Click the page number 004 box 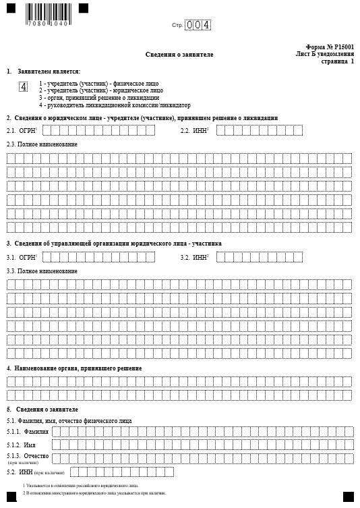pos(198,25)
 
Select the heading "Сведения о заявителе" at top pos(179,54)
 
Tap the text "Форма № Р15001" pos(330,47)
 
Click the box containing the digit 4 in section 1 pos(24,87)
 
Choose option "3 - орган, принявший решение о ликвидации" pos(99,97)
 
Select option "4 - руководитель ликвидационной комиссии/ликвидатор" pos(115,105)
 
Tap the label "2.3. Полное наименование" pos(42,144)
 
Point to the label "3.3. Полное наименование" pos(42,271)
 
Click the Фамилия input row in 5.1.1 pos(202,430)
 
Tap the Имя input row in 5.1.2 pos(202,444)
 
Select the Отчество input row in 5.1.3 pos(202,458)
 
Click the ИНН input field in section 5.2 pos(121,472)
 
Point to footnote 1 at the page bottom pos(81,485)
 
